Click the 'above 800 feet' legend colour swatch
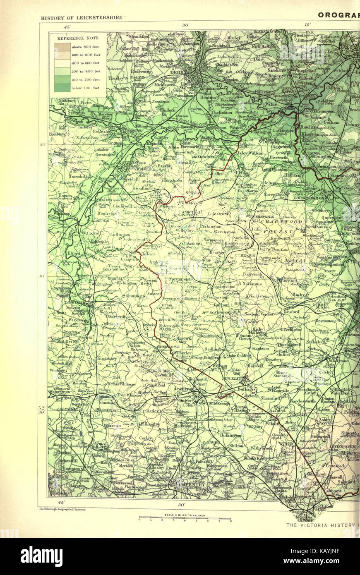62,47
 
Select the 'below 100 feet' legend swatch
62,88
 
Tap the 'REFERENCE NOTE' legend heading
78,38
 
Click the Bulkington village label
230,435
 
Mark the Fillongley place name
151,424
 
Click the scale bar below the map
185,517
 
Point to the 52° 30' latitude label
42,409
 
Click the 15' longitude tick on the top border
307,25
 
